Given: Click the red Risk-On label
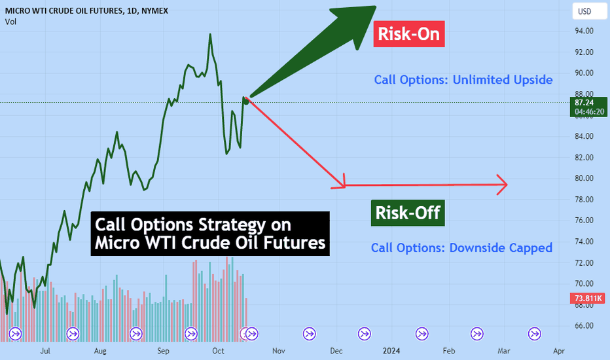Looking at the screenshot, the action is [x=409, y=34].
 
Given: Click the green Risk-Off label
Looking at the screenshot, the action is [x=408, y=213].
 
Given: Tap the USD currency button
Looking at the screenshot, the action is [x=589, y=11].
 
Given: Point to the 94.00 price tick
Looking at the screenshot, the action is [x=584, y=31].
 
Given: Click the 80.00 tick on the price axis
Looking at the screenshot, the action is [x=584, y=178].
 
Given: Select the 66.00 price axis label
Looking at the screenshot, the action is [x=584, y=326].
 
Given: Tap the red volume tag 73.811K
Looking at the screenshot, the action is [x=588, y=298].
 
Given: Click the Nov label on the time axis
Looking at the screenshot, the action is [x=279, y=351].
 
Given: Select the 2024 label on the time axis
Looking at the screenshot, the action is [x=391, y=351].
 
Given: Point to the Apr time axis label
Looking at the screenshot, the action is [x=559, y=351].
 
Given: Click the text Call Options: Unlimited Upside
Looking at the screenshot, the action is [x=463, y=80].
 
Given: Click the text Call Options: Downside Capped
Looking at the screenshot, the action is [x=461, y=248].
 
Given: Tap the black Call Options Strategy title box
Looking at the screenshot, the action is [x=210, y=234].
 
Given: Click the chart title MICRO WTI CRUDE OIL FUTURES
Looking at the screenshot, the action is [x=65, y=11].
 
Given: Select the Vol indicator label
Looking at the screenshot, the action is [x=10, y=22].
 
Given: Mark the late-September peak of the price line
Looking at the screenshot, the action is [x=210, y=34].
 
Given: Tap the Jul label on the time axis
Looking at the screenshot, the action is [x=45, y=351].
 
